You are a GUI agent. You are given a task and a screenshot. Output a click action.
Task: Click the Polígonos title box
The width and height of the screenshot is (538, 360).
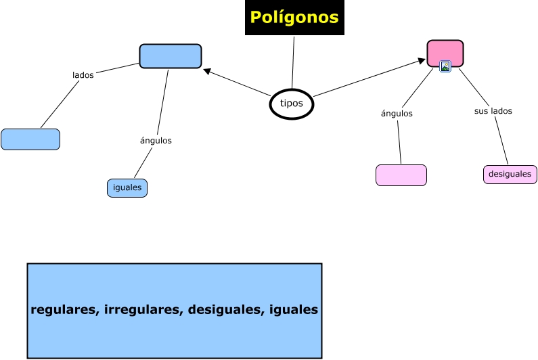tap(294, 18)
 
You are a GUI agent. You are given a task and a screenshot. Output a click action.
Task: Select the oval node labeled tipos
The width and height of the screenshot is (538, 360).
tap(292, 104)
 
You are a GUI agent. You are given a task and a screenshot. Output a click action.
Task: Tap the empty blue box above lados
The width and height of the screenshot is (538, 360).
tap(171, 56)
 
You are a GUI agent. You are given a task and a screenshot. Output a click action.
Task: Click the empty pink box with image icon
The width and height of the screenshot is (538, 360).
tap(445, 52)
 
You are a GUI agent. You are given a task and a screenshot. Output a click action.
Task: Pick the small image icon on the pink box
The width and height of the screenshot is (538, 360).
tap(445, 66)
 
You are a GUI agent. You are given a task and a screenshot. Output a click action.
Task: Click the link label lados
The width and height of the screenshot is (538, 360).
tap(83, 75)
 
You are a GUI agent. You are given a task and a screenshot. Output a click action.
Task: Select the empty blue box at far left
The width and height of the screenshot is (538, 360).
tap(30, 139)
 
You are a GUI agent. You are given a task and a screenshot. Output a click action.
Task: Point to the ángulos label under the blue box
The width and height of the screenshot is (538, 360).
tap(156, 141)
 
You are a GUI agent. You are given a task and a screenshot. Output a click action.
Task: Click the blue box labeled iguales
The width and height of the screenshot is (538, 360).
tap(127, 188)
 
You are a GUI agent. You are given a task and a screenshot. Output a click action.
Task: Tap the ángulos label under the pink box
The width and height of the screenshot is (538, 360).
tap(397, 114)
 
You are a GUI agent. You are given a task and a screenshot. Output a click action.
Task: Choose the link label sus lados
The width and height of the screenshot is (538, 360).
tap(493, 111)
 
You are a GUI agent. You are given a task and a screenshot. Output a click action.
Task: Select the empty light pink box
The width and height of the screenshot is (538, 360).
tap(401, 175)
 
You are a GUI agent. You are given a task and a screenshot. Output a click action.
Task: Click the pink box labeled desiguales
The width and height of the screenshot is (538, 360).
tap(510, 175)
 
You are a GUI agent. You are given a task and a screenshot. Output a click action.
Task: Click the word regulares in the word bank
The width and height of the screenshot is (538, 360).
tap(64, 310)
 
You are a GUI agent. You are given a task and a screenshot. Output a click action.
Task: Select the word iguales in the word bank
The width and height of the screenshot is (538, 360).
tap(293, 310)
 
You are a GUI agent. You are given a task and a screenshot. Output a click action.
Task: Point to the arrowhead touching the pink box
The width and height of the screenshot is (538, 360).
tap(422, 62)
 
